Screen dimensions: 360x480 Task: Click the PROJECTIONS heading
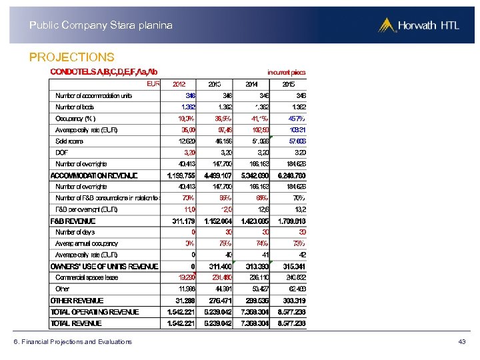72,57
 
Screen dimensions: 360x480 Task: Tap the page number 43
462,342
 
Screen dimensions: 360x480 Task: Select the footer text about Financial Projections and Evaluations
73,342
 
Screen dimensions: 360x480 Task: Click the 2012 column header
179,84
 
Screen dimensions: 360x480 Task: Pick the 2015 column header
289,84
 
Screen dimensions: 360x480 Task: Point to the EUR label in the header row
153,84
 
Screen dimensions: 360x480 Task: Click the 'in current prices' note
287,72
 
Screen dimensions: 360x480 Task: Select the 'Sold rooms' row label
70,141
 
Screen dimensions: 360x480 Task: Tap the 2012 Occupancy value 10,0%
186,118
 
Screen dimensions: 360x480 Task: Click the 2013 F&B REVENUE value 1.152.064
218,221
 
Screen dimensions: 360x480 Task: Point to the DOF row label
62,152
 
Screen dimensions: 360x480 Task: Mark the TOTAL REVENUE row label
77,323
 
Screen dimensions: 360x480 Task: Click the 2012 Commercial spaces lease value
186,277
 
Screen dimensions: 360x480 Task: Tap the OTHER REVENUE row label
77,301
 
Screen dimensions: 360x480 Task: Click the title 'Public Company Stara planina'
101,25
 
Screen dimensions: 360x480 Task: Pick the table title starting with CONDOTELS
104,72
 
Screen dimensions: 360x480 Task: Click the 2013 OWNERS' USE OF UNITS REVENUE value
221,266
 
